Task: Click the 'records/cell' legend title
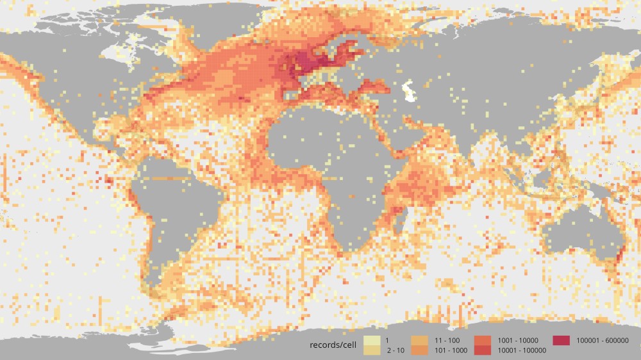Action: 332,345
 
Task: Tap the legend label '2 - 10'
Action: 395,350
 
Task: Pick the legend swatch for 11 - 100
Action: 420,340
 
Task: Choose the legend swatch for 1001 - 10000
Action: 484,340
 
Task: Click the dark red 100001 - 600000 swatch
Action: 562,340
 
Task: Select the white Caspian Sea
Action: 408,92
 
